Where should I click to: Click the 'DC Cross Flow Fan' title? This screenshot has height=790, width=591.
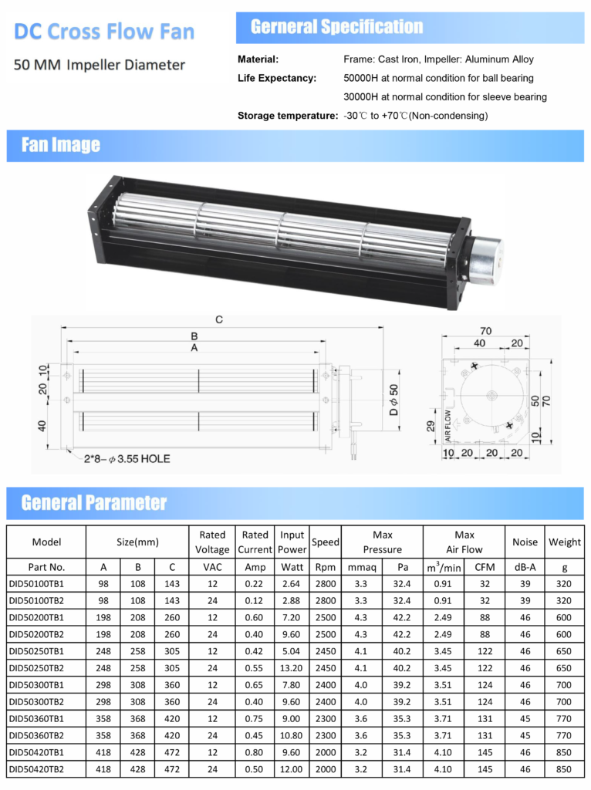pos(104,31)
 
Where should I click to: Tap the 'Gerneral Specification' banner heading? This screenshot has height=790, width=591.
pos(336,27)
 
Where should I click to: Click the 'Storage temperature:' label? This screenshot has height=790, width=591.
pos(288,116)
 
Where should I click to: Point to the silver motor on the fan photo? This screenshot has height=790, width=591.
pos(486,260)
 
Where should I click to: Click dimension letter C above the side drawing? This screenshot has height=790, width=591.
pos(218,319)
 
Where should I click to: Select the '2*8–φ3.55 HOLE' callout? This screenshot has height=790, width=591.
pos(127,459)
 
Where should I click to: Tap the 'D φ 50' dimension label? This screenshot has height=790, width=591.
pos(393,400)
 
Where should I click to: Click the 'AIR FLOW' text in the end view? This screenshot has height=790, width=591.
pos(447,426)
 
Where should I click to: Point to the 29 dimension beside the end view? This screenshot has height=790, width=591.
pos(431,426)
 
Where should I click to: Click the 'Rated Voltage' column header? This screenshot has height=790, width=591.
pos(212,542)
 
